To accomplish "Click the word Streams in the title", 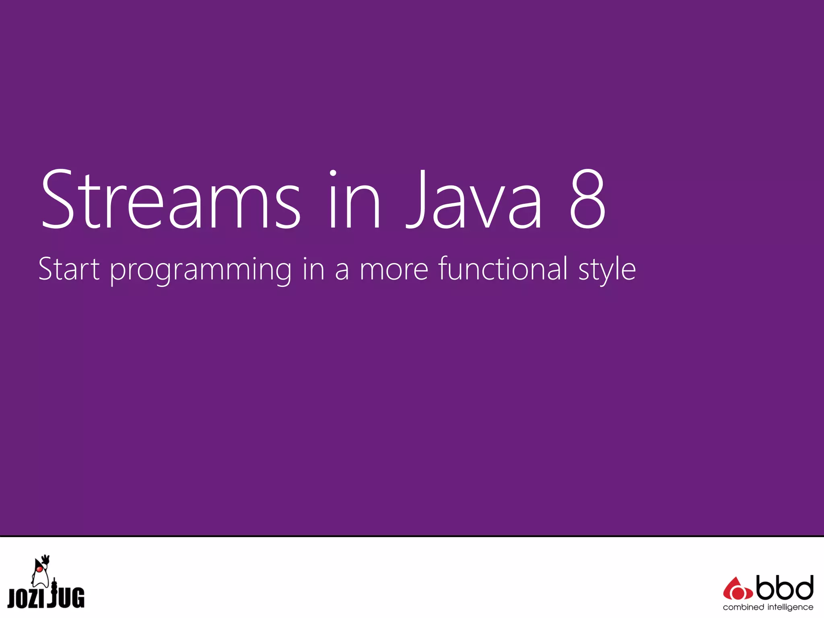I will (x=171, y=200).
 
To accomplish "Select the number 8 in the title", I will (x=587, y=200).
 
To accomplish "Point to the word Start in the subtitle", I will (x=69, y=269).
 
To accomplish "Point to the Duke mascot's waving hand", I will (x=46, y=559).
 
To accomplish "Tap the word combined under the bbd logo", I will (x=743, y=607).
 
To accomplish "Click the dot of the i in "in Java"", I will (x=333, y=173).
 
